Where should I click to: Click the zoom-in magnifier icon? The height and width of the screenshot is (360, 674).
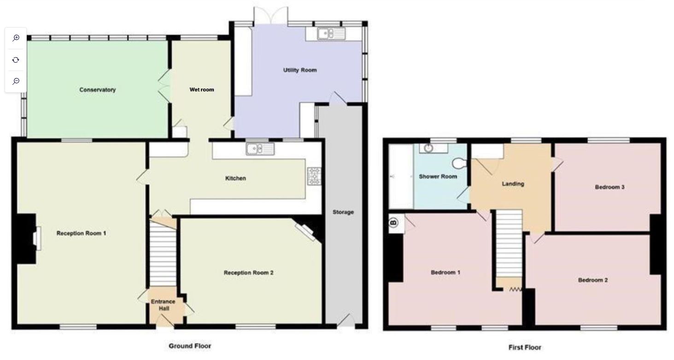click(16, 38)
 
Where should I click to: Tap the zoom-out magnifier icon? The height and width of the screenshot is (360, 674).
click(16, 81)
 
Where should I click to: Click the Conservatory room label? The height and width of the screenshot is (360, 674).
click(97, 90)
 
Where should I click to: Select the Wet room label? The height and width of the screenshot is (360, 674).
click(202, 89)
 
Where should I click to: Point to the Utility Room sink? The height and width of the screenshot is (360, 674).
click(331, 34)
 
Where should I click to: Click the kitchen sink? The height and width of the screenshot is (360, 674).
click(260, 149)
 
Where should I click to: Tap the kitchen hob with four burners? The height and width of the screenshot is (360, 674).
click(314, 176)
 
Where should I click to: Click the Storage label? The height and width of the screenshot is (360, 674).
click(343, 212)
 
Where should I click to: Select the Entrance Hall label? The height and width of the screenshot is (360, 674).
click(163, 305)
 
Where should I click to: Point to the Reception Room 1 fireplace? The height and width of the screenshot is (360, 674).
click(36, 239)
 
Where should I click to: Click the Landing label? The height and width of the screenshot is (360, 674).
click(513, 184)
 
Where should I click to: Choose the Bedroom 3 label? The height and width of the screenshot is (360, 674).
click(610, 187)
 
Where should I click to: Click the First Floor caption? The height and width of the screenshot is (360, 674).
click(525, 347)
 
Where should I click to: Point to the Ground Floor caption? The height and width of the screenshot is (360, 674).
click(190, 346)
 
